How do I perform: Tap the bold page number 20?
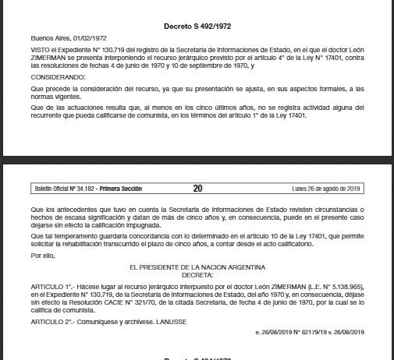197,189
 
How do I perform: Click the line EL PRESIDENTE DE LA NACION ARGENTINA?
197,267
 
